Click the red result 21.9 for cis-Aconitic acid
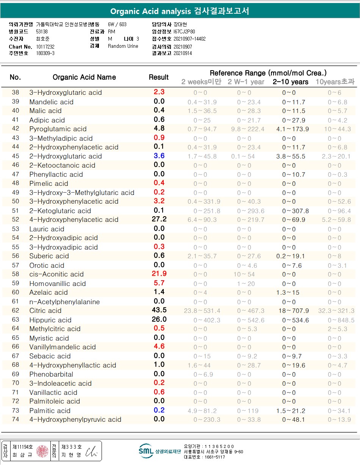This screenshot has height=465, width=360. tap(159, 274)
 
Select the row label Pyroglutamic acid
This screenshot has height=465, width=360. tap(58, 129)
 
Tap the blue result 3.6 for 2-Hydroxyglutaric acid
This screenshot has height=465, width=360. tap(159, 156)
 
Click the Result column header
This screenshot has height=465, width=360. tap(158, 77)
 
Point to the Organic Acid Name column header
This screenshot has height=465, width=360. tap(84, 77)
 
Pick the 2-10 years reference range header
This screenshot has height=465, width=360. tap(291, 82)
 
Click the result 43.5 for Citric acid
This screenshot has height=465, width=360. tap(159, 310)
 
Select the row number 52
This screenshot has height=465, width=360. tap(15, 220)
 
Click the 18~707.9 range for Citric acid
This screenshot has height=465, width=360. tap(294, 311)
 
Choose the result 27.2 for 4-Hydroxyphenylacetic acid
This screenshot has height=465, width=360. tap(159, 219)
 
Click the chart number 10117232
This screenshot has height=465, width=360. tap(45, 46)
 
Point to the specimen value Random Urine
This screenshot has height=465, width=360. tap(123, 46)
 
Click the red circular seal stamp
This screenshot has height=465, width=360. tap(43, 451)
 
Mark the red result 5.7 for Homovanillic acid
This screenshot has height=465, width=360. tap(159, 283)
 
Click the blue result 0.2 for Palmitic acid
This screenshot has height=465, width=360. tap(159, 410)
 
